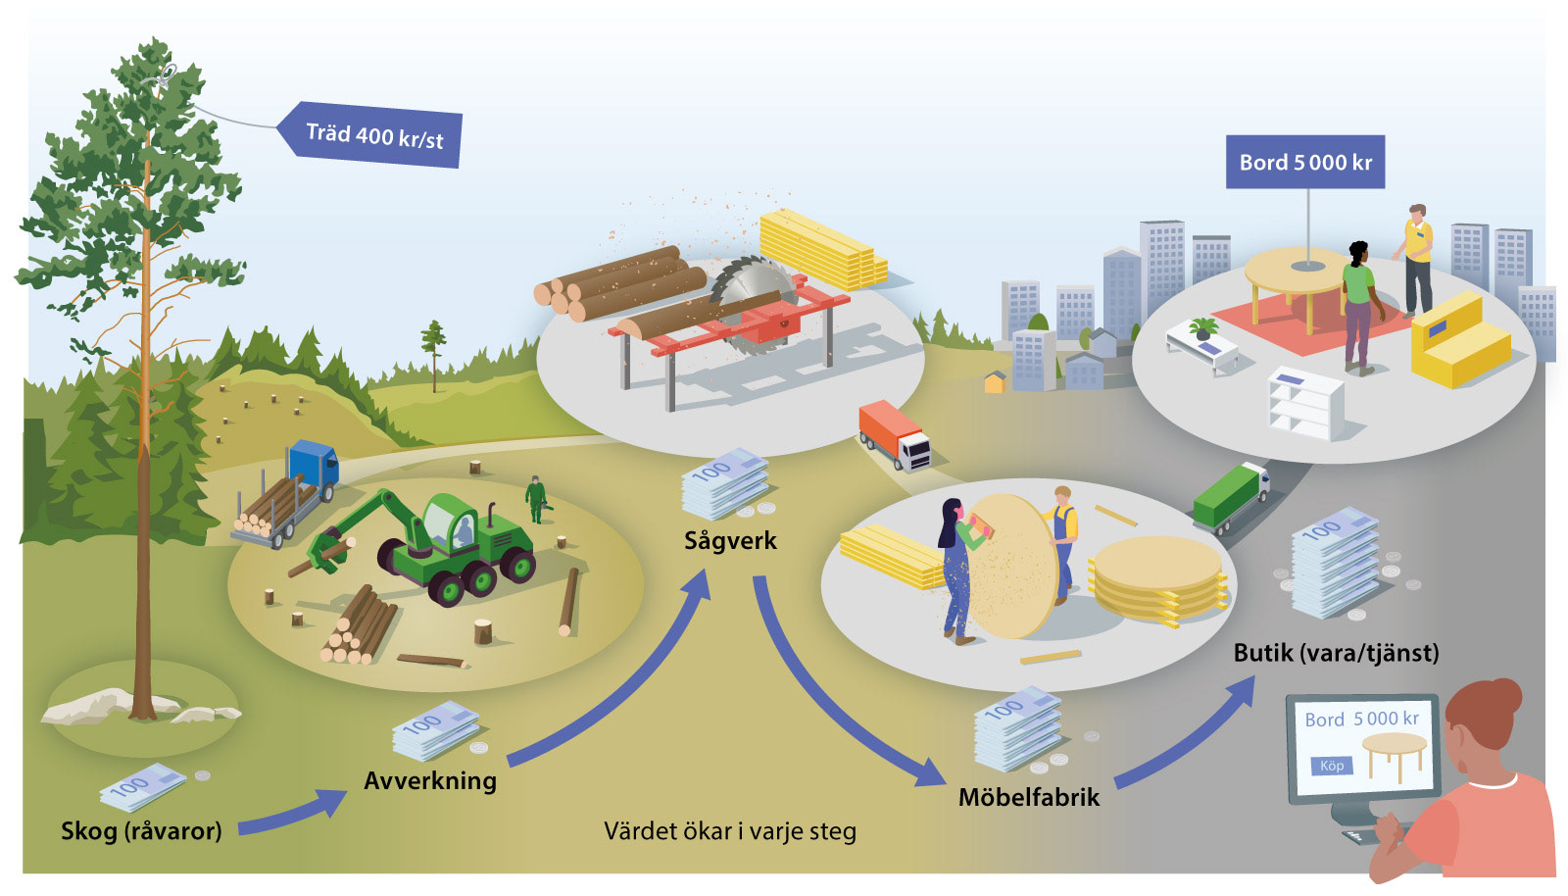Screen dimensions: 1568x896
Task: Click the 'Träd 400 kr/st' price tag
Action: [x=373, y=134]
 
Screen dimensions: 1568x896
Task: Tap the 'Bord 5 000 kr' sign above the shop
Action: [x=1305, y=162]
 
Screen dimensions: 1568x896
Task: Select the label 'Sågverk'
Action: [x=730, y=540]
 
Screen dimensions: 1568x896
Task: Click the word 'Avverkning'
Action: [x=430, y=780]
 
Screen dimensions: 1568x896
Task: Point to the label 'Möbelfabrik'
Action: [x=1029, y=797]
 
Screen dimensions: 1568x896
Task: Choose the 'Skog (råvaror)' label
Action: [x=141, y=831]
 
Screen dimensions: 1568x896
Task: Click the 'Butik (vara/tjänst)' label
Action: [x=1336, y=653]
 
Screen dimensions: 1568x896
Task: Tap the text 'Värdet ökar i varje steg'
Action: [x=730, y=831]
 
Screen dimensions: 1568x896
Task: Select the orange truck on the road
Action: [x=894, y=434]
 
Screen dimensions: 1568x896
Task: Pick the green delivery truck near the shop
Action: [x=1231, y=497]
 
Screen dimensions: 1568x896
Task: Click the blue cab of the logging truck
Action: [x=314, y=463]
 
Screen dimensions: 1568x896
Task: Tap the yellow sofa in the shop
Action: [x=1457, y=340]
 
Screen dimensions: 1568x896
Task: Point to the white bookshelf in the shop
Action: [x=1305, y=403]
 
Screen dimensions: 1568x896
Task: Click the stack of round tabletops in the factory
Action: [x=1158, y=581]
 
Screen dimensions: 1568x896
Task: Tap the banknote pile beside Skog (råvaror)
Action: [x=142, y=786]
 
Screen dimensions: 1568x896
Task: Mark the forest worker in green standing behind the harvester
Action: [x=535, y=499]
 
